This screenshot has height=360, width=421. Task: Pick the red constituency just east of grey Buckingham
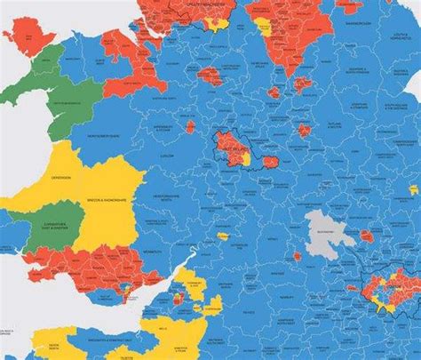click(x=366, y=236)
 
